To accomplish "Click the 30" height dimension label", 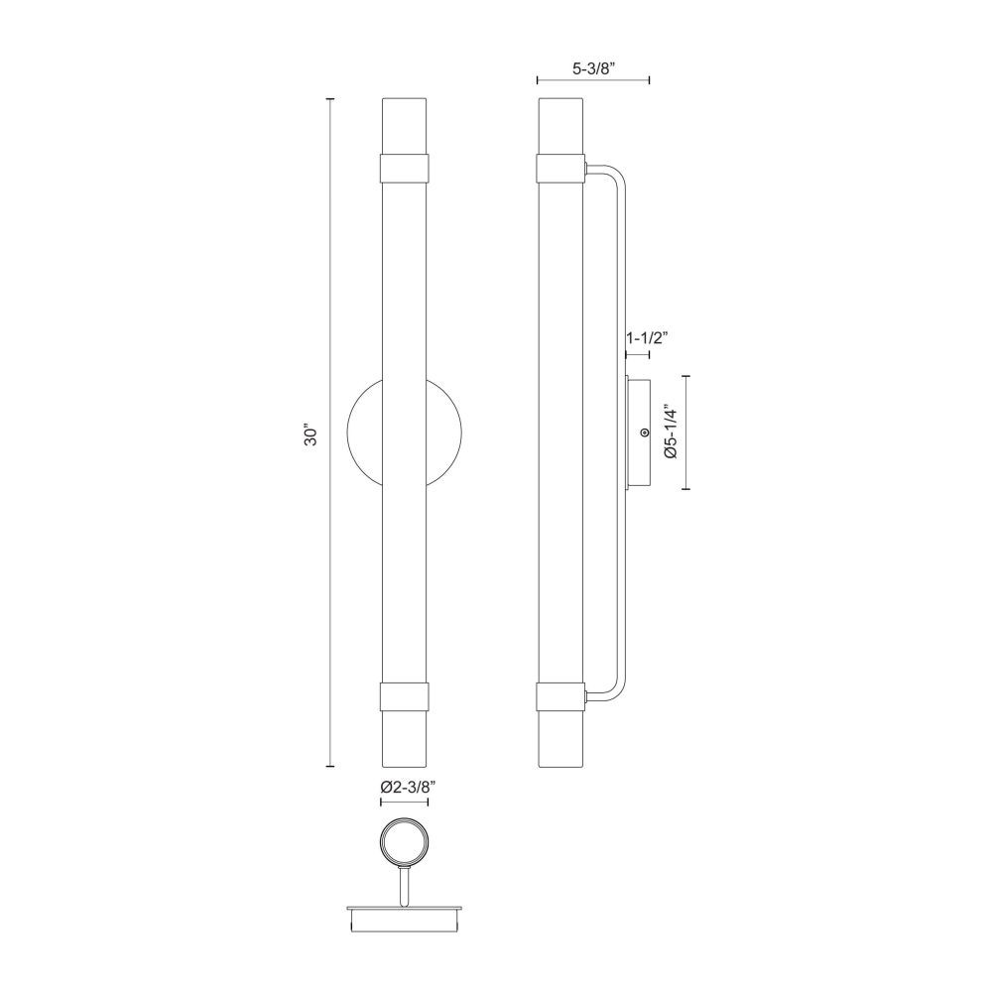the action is tap(310, 434).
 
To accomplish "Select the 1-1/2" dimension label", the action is tap(647, 338).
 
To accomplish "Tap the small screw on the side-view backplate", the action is tap(644, 433).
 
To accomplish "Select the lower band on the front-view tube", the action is tap(405, 697).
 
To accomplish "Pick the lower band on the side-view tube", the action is tap(560, 697).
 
